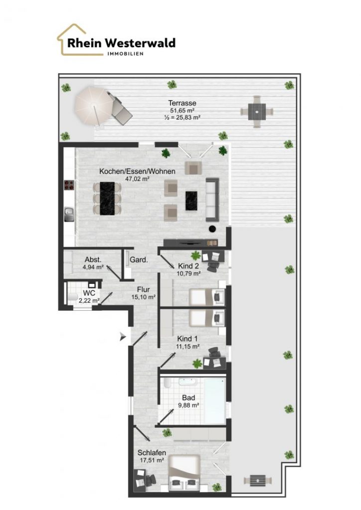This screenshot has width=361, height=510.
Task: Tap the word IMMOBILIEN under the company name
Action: pyautogui.click(x=125, y=54)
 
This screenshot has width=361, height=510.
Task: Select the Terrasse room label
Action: pyautogui.click(x=182, y=103)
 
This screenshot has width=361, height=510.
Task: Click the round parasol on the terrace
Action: pyautogui.click(x=93, y=105)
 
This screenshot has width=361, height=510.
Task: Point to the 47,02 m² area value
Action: pyautogui.click(x=137, y=178)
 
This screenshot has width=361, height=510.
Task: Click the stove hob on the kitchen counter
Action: pyautogui.click(x=69, y=185)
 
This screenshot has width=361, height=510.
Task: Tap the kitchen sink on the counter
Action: pyautogui.click(x=69, y=215)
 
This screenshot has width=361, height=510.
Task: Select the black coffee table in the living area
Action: pyautogui.click(x=191, y=201)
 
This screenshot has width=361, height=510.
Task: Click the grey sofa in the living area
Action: pyautogui.click(x=212, y=200)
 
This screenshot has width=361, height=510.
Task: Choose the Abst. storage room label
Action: pyautogui.click(x=93, y=259)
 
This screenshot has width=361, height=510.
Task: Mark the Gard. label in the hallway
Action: pyautogui.click(x=139, y=260)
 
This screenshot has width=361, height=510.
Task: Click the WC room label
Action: pyautogui.click(x=89, y=293)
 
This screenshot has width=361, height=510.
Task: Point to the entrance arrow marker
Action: pyautogui.click(x=122, y=337)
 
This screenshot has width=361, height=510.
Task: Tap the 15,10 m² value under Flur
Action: pyautogui.click(x=144, y=297)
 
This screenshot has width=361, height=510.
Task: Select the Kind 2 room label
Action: pyautogui.click(x=188, y=266)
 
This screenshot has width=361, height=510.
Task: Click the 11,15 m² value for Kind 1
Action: pyautogui.click(x=188, y=347)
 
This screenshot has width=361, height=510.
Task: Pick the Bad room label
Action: pyautogui.click(x=188, y=397)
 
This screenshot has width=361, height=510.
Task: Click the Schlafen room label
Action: pyautogui.click(x=152, y=452)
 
